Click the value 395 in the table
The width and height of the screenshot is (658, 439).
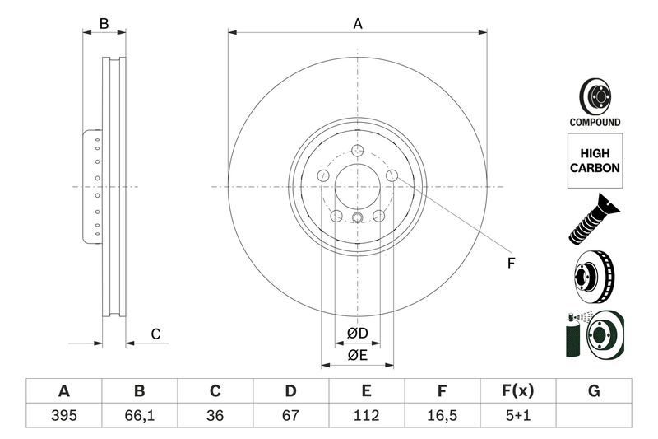pos(63,415)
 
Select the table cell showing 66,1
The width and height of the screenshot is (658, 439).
pos(139,415)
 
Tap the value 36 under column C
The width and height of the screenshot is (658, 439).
pos(215,415)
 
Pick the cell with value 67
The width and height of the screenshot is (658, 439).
pos(290,415)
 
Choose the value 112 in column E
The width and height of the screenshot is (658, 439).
pos(366,415)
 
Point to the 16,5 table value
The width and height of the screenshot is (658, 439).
pos(442,415)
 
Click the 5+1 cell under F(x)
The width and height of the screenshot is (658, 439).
pos(517,415)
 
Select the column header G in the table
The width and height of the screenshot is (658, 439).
pos(593,390)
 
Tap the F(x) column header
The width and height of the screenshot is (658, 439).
pos(517,390)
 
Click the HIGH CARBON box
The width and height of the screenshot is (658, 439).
pos(595,160)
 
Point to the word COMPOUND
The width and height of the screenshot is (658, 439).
pos(595,122)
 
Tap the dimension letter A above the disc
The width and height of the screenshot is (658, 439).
pos(358,24)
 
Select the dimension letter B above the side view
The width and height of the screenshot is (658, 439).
pos(104,24)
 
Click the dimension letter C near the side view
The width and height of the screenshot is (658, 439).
pos(154,334)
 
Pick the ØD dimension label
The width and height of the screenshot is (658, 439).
pos(357,334)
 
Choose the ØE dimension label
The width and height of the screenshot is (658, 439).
pos(357,355)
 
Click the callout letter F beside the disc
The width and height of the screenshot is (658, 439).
pos(510,264)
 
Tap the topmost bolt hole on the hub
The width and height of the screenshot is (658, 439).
pos(358,151)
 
